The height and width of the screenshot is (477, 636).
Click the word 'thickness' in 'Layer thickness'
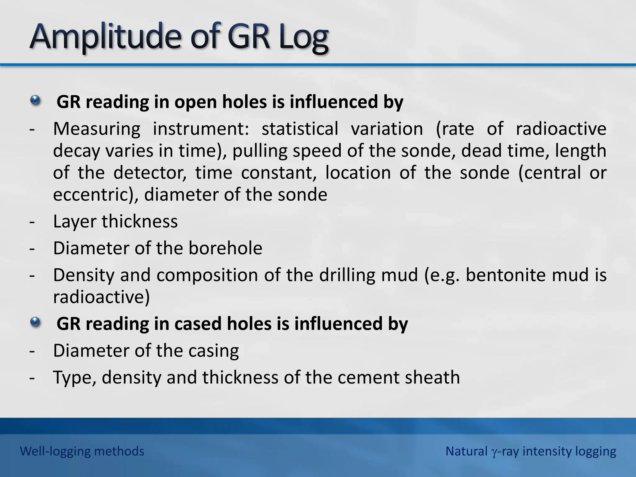click(x=139, y=221)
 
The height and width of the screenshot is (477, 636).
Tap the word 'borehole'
click(x=225, y=248)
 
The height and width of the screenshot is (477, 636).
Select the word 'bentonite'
click(x=505, y=275)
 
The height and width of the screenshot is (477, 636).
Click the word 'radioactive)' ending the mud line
click(x=101, y=297)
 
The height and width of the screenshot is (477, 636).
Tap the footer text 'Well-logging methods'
click(x=82, y=451)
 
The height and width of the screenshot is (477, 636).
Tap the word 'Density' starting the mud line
click(x=84, y=275)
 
